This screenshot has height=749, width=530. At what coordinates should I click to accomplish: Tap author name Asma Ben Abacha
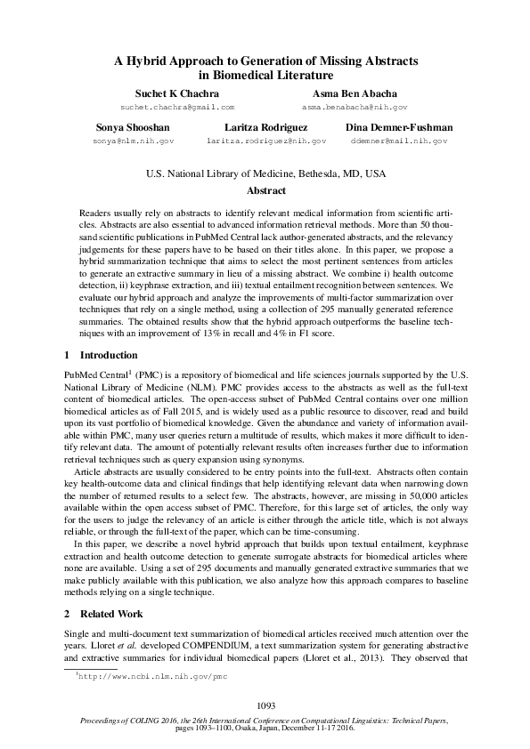(355, 93)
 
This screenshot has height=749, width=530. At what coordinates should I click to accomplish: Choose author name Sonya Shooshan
(133, 128)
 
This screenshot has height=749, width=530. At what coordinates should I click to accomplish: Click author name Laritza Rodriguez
(265, 128)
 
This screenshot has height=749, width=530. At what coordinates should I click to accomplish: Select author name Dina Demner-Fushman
(398, 128)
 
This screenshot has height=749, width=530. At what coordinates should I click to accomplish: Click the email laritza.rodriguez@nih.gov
(265, 141)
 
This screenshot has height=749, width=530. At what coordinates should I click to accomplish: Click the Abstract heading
(265, 190)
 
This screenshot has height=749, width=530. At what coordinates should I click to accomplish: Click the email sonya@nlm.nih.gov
(133, 141)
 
